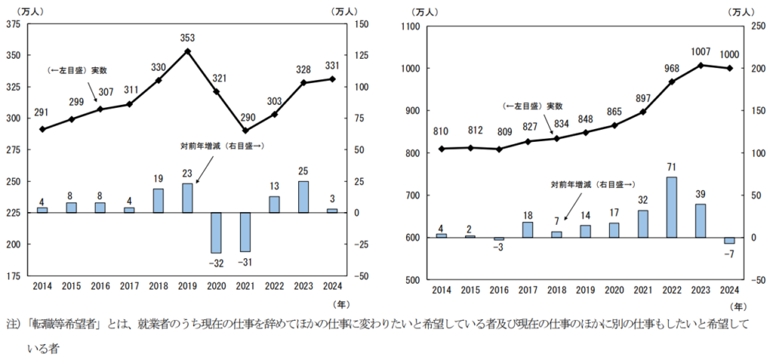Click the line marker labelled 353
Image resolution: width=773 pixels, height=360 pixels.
pos(187,51)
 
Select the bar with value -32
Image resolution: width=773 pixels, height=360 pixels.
pos(217,232)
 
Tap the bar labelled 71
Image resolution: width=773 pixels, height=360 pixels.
pos(671,208)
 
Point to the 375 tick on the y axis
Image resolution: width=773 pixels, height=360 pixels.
pos(13,24)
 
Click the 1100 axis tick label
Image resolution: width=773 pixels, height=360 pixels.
pos(411,26)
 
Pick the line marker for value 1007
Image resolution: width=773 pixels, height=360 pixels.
pos(700,65)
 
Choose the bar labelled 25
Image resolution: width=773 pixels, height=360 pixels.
pos(303,197)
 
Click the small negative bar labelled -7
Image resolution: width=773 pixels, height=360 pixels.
pos(729,240)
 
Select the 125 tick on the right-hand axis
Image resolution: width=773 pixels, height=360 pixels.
pos(360,55)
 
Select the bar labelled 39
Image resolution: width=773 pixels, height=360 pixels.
pos(700,220)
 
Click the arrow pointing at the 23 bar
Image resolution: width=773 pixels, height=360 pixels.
pos(200,178)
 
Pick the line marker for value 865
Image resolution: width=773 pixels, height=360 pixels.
pos(614,125)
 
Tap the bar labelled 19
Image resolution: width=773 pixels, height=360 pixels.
pos(159,201)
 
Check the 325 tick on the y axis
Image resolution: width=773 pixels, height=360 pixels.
pos(13,87)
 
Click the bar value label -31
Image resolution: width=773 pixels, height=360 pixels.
pos(245,261)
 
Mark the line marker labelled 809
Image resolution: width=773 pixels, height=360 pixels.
pos(497,149)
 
